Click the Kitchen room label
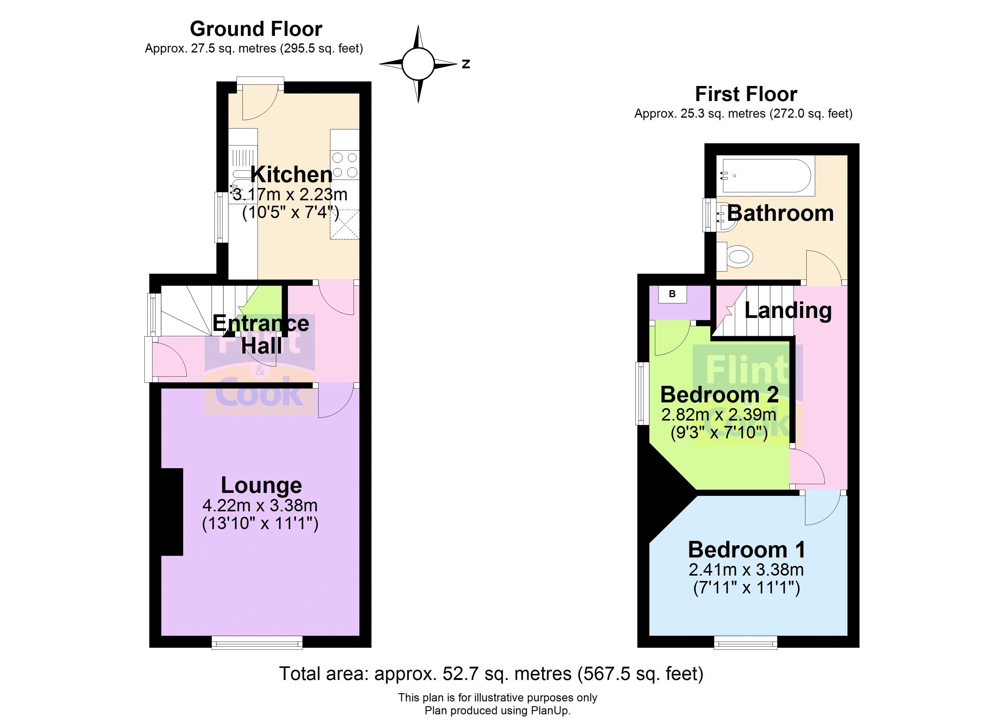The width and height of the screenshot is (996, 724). click(x=291, y=175)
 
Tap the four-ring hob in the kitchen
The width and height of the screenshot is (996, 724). click(x=345, y=165)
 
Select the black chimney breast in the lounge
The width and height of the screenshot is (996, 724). click(x=172, y=512)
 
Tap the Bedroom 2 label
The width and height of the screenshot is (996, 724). click(x=719, y=394)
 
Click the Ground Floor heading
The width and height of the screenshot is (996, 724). click(x=256, y=29)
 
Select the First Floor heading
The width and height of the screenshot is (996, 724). click(x=746, y=94)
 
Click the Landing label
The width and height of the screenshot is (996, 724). click(x=788, y=310)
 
